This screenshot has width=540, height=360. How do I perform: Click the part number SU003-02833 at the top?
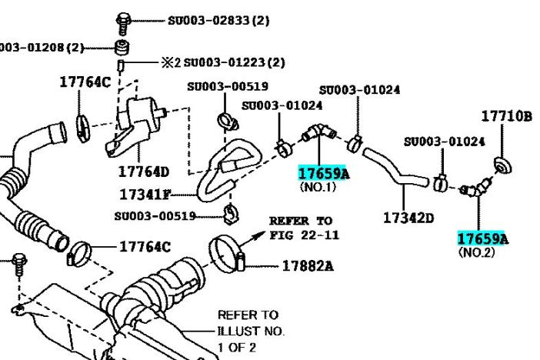click(x=218, y=20)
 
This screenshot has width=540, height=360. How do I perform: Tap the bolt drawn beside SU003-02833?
click(x=122, y=20)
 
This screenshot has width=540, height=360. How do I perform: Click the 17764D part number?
click(x=145, y=171)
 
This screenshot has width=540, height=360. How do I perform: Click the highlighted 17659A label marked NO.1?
click(x=323, y=173)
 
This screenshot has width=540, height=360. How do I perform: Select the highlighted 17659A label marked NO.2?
click(x=483, y=238)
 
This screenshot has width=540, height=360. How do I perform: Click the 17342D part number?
click(x=408, y=218)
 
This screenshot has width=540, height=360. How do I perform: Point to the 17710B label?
click(x=507, y=116)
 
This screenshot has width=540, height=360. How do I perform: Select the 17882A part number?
click(x=308, y=266)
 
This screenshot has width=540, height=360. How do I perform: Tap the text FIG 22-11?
click(x=304, y=234)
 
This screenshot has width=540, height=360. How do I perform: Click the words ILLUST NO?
click(x=252, y=331)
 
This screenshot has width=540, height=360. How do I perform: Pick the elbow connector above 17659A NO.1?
click(x=317, y=135)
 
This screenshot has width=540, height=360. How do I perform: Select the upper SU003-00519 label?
click(x=217, y=87)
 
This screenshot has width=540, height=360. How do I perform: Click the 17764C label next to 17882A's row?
click(x=145, y=246)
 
